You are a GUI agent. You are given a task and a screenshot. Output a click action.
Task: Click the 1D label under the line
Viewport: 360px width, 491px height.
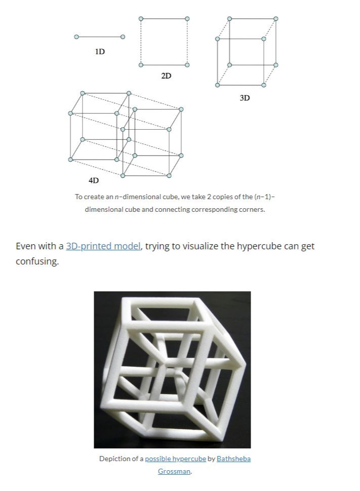[100, 51]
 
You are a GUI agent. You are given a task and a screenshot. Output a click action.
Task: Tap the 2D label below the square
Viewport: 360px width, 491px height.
[166, 76]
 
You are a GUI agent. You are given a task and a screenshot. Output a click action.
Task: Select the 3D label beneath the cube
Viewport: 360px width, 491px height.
[245, 98]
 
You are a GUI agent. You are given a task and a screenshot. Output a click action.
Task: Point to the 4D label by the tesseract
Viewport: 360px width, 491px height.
[94, 180]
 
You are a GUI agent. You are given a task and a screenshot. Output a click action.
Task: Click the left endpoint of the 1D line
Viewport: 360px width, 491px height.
[76, 37]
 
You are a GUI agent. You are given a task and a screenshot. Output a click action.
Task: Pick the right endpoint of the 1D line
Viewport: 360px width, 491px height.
[123, 37]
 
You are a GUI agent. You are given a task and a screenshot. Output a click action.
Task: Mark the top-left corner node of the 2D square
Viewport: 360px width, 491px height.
[141, 19]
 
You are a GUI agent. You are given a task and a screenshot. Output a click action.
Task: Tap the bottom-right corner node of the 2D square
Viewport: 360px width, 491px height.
[187, 65]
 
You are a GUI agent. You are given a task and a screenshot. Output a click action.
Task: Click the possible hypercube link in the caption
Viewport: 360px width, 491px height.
[175, 459]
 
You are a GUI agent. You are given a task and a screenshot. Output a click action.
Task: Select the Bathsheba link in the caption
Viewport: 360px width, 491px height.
[233, 459]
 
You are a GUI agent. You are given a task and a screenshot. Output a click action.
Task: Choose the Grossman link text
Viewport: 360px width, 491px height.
[174, 471]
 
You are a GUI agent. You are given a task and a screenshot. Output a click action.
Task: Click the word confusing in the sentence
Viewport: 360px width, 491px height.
[37, 262]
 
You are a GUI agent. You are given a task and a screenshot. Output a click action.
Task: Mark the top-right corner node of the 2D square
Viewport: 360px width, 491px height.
[187, 19]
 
